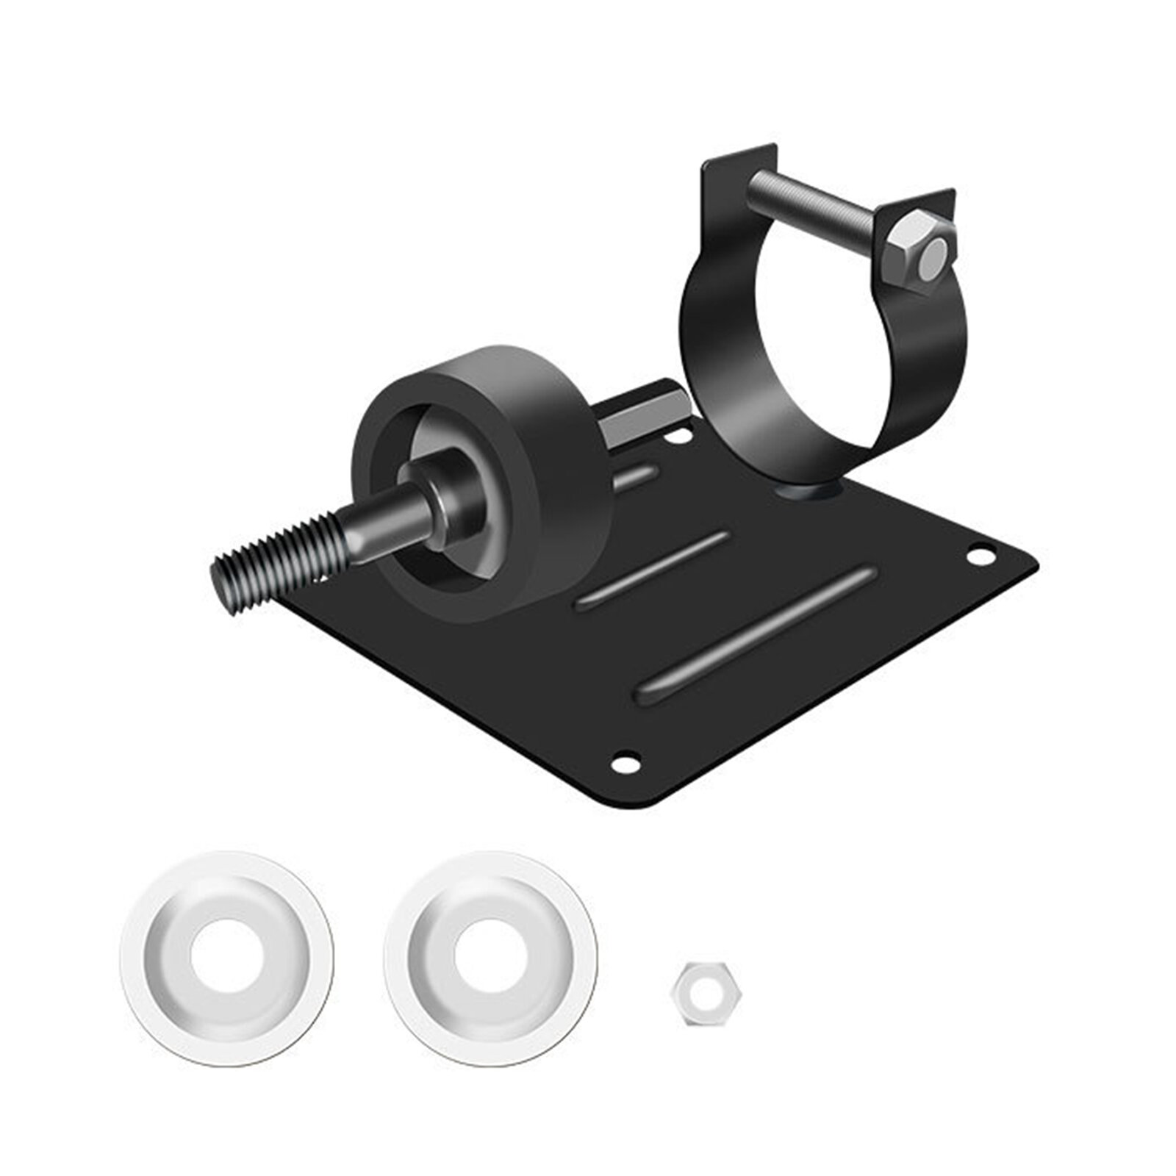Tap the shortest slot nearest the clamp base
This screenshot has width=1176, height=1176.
click(636, 478)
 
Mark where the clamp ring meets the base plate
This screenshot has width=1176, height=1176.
click(808, 489)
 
